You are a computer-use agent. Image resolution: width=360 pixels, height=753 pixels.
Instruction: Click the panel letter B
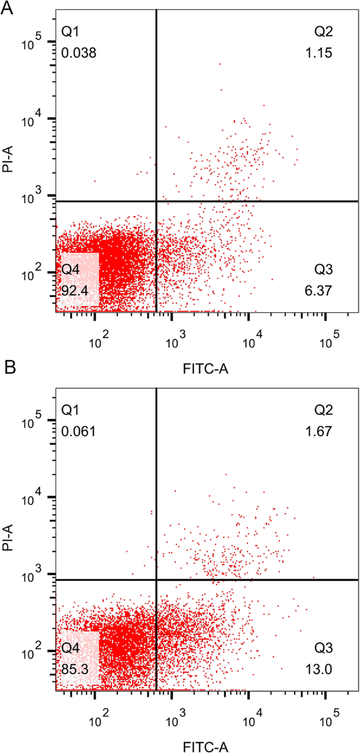(x=9, y=367)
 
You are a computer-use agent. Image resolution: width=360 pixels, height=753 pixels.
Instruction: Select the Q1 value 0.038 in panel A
(x=79, y=53)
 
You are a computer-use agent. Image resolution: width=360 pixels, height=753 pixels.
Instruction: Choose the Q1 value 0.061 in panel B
(x=79, y=432)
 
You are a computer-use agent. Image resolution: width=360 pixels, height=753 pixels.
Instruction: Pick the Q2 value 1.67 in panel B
(x=320, y=432)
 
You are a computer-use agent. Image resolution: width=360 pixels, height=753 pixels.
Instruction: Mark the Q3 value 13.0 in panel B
(x=319, y=669)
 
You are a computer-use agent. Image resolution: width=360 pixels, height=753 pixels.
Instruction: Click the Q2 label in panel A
(x=324, y=33)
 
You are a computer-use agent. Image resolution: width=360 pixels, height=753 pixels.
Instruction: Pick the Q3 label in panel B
(x=324, y=648)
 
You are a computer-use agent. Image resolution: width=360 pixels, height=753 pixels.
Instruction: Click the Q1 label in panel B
(x=70, y=411)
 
